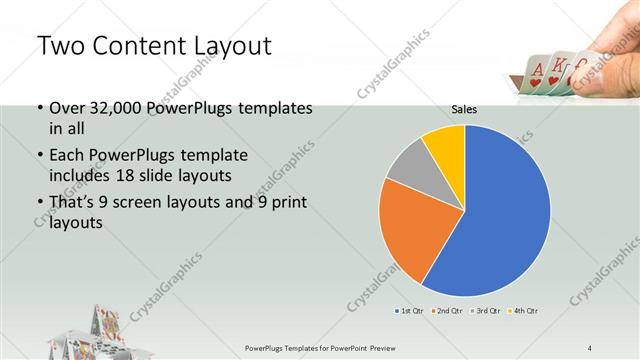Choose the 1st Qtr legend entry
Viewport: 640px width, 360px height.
pos(411,312)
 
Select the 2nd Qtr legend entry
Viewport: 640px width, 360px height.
pos(447,312)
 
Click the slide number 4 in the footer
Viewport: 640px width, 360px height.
pos(590,347)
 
